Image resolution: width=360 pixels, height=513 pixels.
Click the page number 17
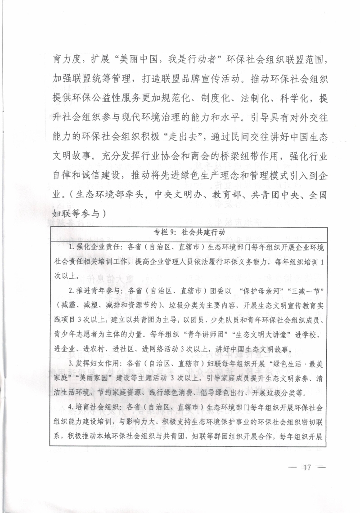coord(307,467)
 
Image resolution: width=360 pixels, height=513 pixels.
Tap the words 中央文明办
coord(172,196)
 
